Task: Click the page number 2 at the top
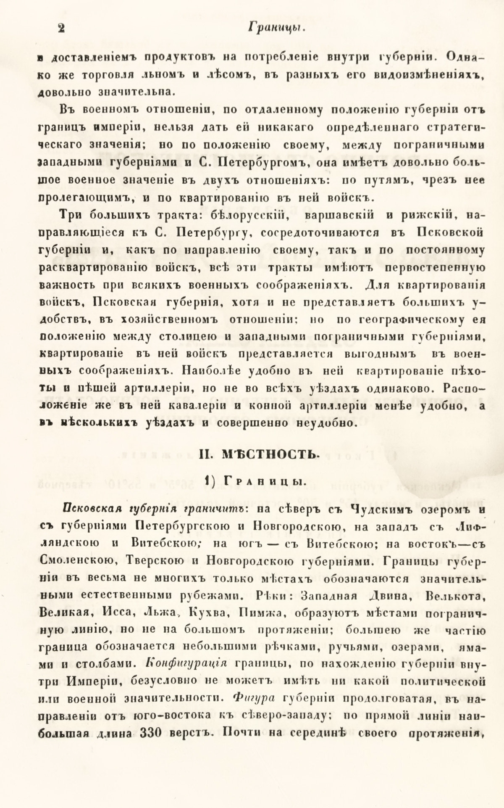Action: (x=61, y=29)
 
